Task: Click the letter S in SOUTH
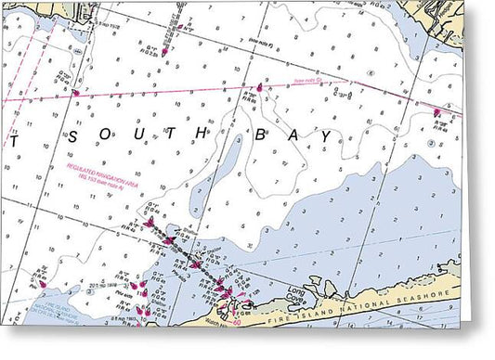coord(72,136)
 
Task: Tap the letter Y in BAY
coord(325,135)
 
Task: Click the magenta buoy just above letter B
coord(261,88)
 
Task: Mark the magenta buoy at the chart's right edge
coord(436,112)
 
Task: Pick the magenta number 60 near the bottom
coord(238,321)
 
